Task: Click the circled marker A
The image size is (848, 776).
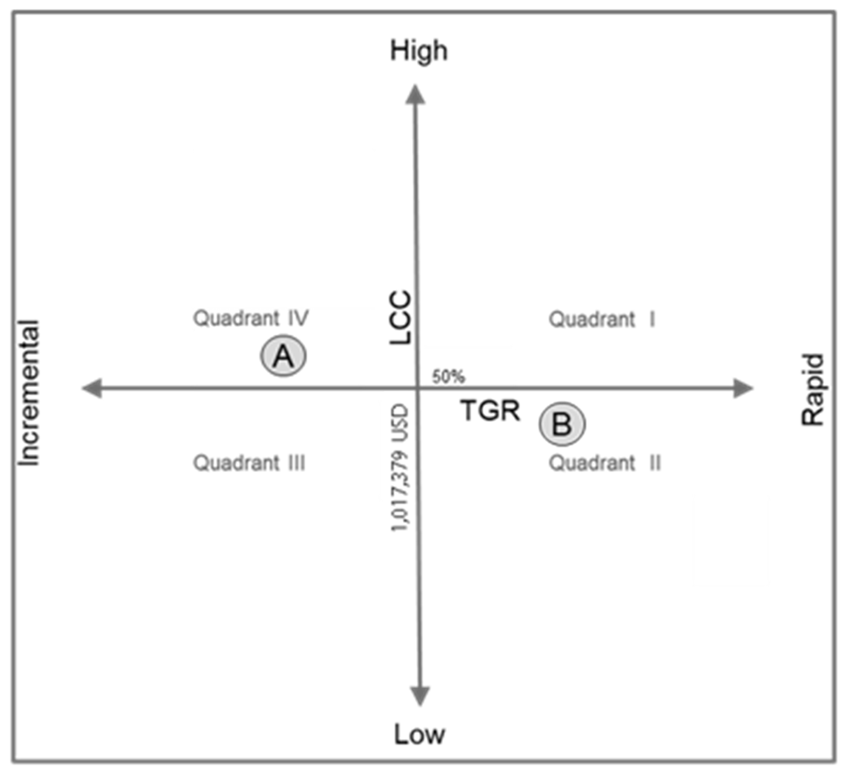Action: coord(284,356)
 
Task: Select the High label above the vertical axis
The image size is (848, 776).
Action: coord(419,51)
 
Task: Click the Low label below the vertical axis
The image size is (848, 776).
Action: coord(419,735)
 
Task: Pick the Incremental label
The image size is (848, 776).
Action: coord(29,393)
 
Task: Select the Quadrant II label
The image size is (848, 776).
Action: coord(605,463)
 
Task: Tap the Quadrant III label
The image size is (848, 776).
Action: coord(249,463)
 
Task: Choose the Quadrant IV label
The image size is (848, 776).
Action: coord(251,318)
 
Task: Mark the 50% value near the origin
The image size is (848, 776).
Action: coord(448,376)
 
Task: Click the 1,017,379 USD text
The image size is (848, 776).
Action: coord(400,467)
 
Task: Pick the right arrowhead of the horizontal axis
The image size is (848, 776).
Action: coord(743,388)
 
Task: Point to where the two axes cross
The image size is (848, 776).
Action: coord(417,388)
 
